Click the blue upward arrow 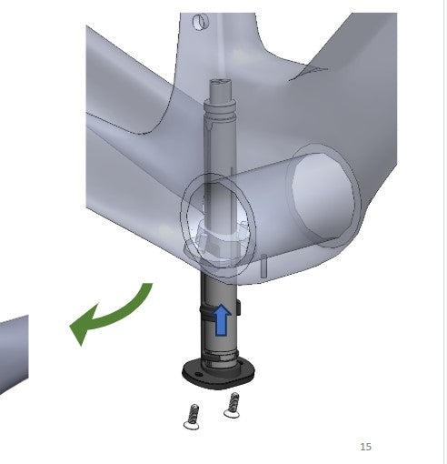220,319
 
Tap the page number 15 365,447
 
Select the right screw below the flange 232,404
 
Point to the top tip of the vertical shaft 219,82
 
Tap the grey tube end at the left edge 11,350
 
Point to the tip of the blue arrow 220,305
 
